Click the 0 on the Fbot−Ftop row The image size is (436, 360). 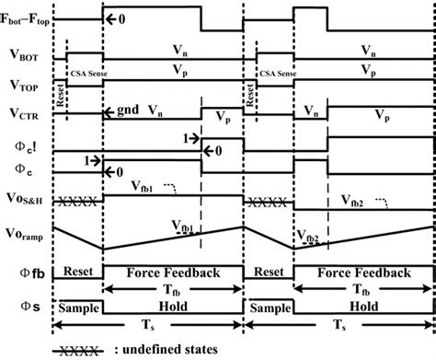pyautogui.click(x=121, y=17)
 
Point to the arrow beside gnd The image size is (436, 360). pyautogui.click(x=110, y=110)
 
